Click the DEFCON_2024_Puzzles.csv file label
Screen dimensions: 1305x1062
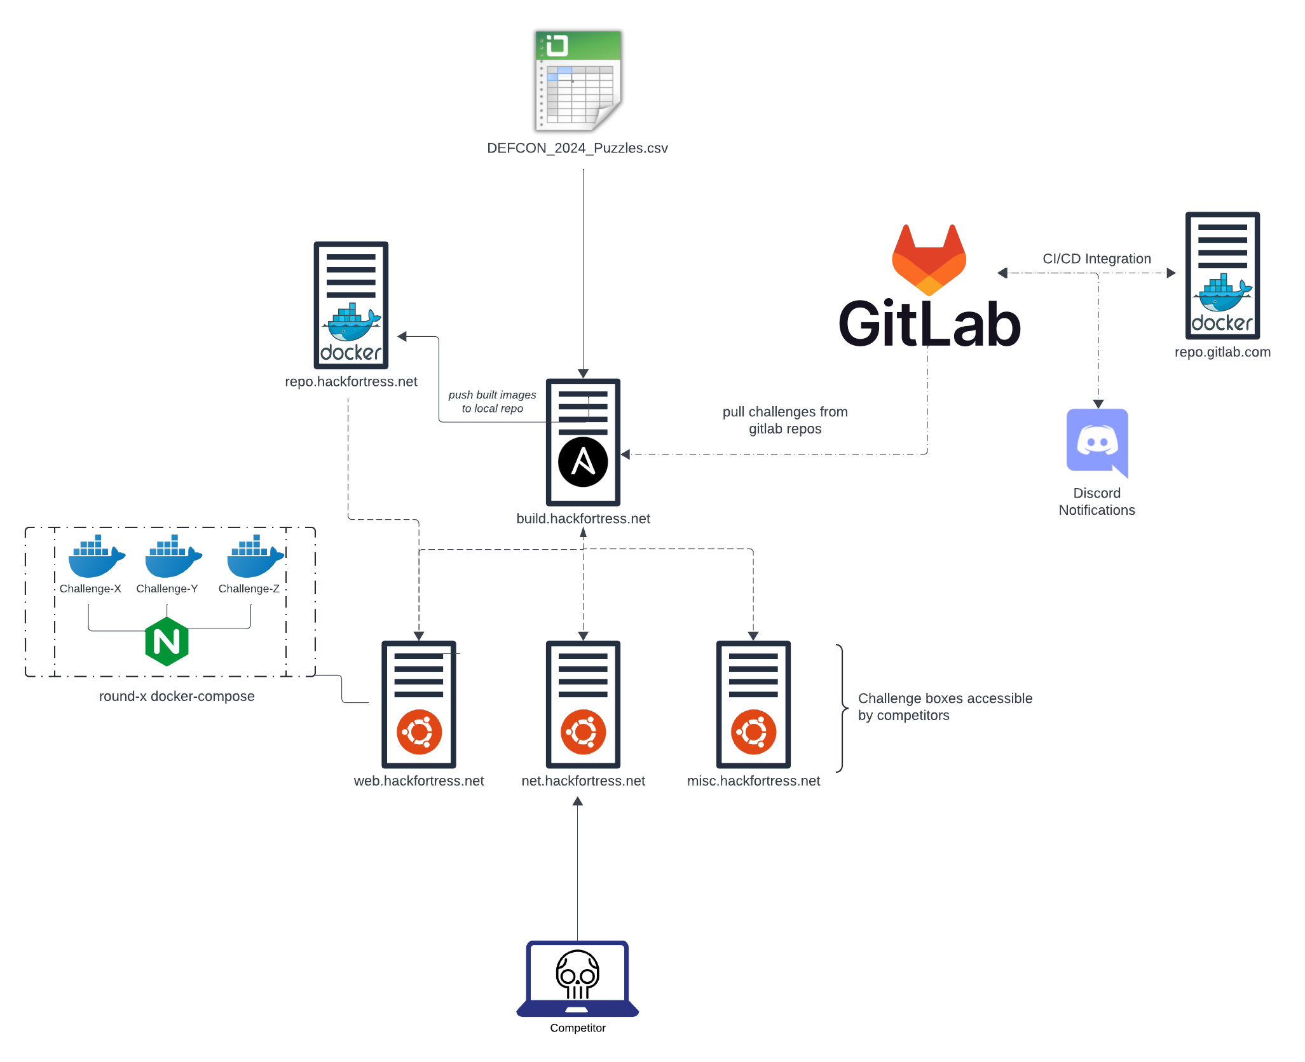click(577, 148)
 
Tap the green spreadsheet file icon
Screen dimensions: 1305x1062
click(578, 80)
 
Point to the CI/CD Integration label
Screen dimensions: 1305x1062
click(1097, 259)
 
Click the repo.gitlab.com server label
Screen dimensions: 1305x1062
click(1222, 352)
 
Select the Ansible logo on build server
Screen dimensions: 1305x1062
click(583, 462)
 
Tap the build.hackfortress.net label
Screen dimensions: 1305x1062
click(583, 519)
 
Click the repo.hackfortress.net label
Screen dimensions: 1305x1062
click(351, 381)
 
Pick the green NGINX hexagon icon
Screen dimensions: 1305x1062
click(167, 641)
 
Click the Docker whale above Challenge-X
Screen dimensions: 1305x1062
click(96, 556)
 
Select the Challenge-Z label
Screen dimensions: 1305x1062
click(249, 589)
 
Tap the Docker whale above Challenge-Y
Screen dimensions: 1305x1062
click(172, 556)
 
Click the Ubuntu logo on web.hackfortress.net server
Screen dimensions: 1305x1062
click(419, 732)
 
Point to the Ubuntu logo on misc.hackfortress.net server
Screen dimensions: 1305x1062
click(753, 732)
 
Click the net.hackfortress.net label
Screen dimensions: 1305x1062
click(583, 780)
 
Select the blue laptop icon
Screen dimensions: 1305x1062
click(577, 979)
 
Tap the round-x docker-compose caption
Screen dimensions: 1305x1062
click(177, 696)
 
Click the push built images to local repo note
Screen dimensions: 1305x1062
click(492, 402)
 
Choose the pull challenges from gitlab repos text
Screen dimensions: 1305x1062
click(785, 420)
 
